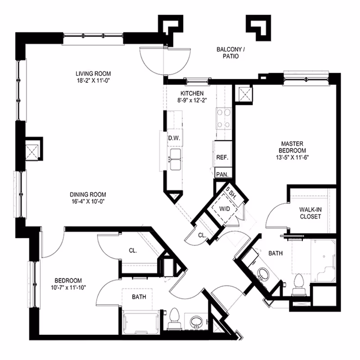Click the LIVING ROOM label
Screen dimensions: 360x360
coord(93,74)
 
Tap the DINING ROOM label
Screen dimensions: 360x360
coord(88,194)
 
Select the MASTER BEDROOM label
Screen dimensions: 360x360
coord(292,147)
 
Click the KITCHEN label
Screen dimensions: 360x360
coord(191,93)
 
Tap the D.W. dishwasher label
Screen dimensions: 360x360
coord(174,139)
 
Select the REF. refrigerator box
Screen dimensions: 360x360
coord(222,158)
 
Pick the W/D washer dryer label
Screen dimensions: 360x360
coord(224,209)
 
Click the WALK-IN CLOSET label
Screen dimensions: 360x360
coord(310,213)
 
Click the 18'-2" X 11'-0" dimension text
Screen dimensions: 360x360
coord(93,81)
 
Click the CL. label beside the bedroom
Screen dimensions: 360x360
coord(133,250)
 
